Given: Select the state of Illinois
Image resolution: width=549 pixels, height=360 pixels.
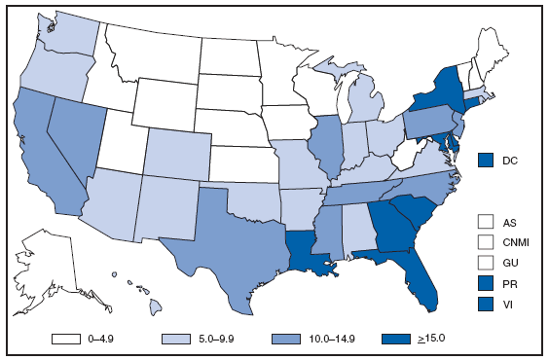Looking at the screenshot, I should [329, 146].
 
